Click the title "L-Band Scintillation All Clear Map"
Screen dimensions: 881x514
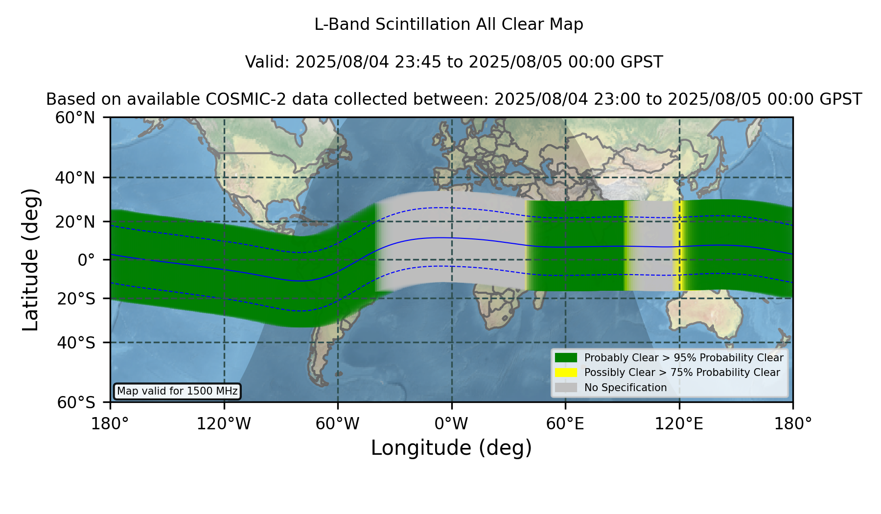coord(448,24)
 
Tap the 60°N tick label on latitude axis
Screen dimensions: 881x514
coord(75,117)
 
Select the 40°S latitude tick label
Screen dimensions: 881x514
coord(76,343)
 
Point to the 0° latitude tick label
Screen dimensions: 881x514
coord(87,259)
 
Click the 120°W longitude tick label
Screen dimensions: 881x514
coord(224,423)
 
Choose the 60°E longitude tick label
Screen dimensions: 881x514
coord(565,423)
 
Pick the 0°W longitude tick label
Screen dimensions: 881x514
coord(451,423)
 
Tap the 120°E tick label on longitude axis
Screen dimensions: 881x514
coord(679,423)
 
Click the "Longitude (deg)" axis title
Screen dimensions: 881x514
coord(451,448)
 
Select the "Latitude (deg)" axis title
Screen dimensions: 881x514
coord(30,259)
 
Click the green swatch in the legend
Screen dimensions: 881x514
coord(566,358)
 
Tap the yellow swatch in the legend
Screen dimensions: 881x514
coord(566,373)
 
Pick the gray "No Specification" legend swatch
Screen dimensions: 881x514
coord(566,388)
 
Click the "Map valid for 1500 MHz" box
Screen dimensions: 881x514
coord(177,391)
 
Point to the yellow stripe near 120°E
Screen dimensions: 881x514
coord(677,246)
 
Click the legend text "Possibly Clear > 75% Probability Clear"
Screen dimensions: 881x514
coord(682,373)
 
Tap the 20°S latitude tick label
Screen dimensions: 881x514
coord(76,298)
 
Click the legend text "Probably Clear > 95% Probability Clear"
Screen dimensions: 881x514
coord(684,358)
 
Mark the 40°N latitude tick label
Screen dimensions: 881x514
coord(75,178)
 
